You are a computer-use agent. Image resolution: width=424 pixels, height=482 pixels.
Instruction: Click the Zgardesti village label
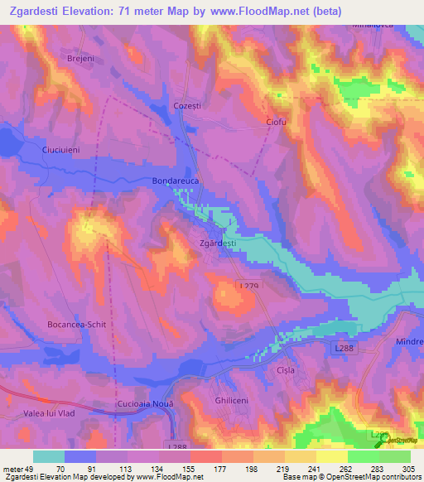click(x=219, y=243)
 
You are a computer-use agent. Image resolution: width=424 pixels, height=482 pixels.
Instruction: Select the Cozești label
click(x=188, y=107)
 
